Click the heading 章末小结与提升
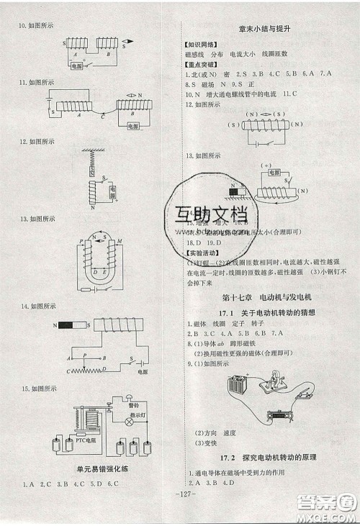click(268, 30)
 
